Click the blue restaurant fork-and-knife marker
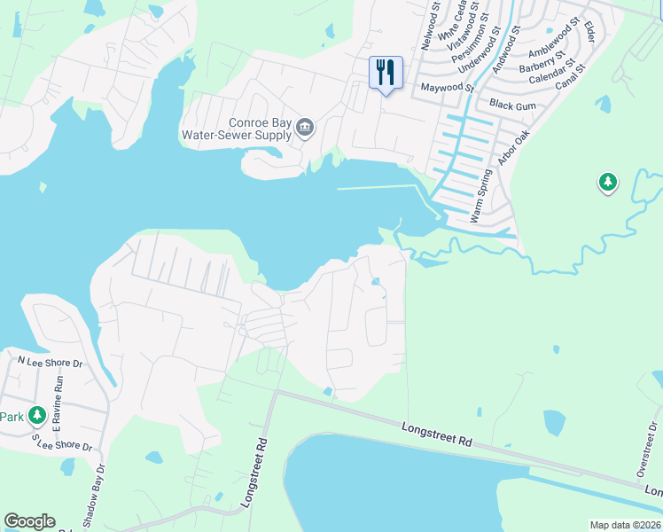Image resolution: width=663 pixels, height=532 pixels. [x=386, y=73]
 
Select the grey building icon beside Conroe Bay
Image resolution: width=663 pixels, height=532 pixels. [x=304, y=129]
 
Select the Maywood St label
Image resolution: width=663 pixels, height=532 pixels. [x=448, y=88]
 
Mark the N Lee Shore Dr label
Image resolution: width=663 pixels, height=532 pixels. [x=51, y=361]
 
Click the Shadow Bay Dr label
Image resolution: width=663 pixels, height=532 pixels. [x=95, y=496]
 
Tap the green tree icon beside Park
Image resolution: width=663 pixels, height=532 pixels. [x=36, y=415]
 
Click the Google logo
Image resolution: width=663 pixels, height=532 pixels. [x=29, y=521]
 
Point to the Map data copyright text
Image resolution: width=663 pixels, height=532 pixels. [x=624, y=525]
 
